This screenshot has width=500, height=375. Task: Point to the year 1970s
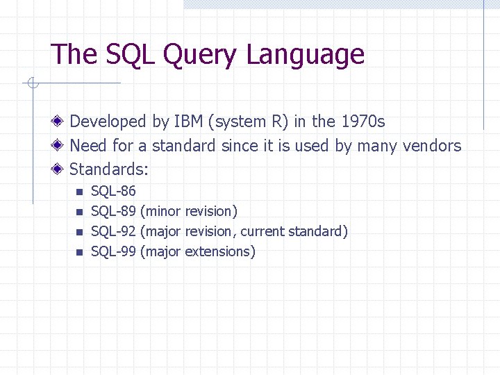362,122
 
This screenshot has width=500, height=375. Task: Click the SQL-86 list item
114,191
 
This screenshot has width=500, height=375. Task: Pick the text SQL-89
114,211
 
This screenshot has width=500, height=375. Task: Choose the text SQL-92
114,231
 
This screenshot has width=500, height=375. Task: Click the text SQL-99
114,251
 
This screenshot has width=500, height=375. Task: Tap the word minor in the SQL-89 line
162,211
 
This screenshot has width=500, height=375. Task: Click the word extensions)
220,251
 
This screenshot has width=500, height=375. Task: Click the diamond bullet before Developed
61,122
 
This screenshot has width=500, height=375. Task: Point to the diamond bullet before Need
61,146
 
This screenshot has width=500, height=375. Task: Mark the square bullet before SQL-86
79,192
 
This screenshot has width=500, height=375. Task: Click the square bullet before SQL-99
79,252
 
